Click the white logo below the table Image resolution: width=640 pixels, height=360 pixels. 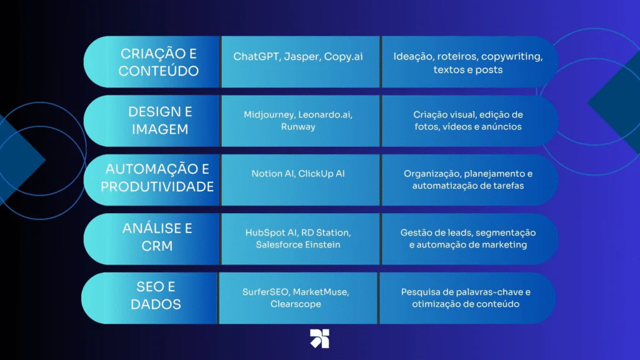[x=319, y=338]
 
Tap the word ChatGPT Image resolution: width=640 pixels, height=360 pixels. [x=256, y=56]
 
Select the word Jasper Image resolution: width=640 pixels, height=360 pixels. [x=302, y=57]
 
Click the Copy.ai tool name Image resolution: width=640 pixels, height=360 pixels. [x=343, y=57]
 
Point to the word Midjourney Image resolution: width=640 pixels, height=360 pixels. [x=269, y=115]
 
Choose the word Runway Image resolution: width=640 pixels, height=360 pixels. [x=298, y=126]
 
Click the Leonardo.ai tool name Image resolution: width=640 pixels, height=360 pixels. [x=325, y=115]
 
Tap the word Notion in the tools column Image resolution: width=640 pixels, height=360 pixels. [x=267, y=174]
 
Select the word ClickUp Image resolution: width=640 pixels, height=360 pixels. [x=316, y=174]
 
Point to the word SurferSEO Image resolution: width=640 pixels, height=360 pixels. [x=266, y=292]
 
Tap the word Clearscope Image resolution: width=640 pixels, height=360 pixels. [x=296, y=304]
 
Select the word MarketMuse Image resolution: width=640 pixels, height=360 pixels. [x=321, y=292]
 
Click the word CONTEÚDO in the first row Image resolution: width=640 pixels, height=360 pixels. [x=159, y=71]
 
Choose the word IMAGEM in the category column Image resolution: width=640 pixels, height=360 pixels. [x=160, y=129]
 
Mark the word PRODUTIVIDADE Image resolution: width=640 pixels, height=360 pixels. [x=157, y=187]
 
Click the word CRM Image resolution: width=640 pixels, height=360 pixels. [x=157, y=246]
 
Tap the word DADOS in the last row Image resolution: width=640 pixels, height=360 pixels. [x=156, y=304]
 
